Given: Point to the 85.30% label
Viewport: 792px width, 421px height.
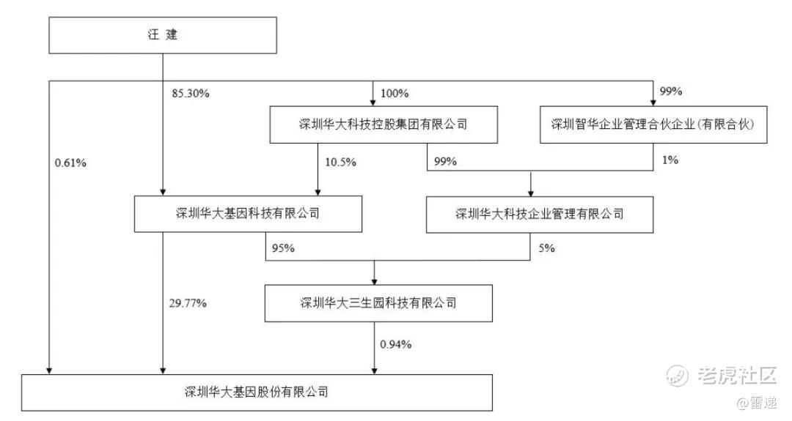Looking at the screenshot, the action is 191,93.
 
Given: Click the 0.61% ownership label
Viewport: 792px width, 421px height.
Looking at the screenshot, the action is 70,163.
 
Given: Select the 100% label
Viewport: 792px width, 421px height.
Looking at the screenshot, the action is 395,93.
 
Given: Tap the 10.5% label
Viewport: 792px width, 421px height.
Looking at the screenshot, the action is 340,162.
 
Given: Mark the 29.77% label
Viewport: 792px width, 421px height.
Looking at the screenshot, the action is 188,303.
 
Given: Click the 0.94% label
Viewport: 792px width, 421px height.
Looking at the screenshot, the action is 396,344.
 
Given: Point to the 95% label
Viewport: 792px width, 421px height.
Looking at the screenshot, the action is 283,248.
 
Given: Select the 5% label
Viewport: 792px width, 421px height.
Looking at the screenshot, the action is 546,248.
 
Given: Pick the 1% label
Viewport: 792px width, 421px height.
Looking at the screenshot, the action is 670,160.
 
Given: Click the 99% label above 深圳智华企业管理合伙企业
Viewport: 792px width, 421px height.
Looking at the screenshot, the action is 671,92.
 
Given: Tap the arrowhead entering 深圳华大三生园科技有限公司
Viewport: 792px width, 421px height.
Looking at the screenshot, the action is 374,281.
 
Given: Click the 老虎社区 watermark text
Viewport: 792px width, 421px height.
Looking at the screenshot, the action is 736,376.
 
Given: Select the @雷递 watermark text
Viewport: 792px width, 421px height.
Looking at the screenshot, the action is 757,403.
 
